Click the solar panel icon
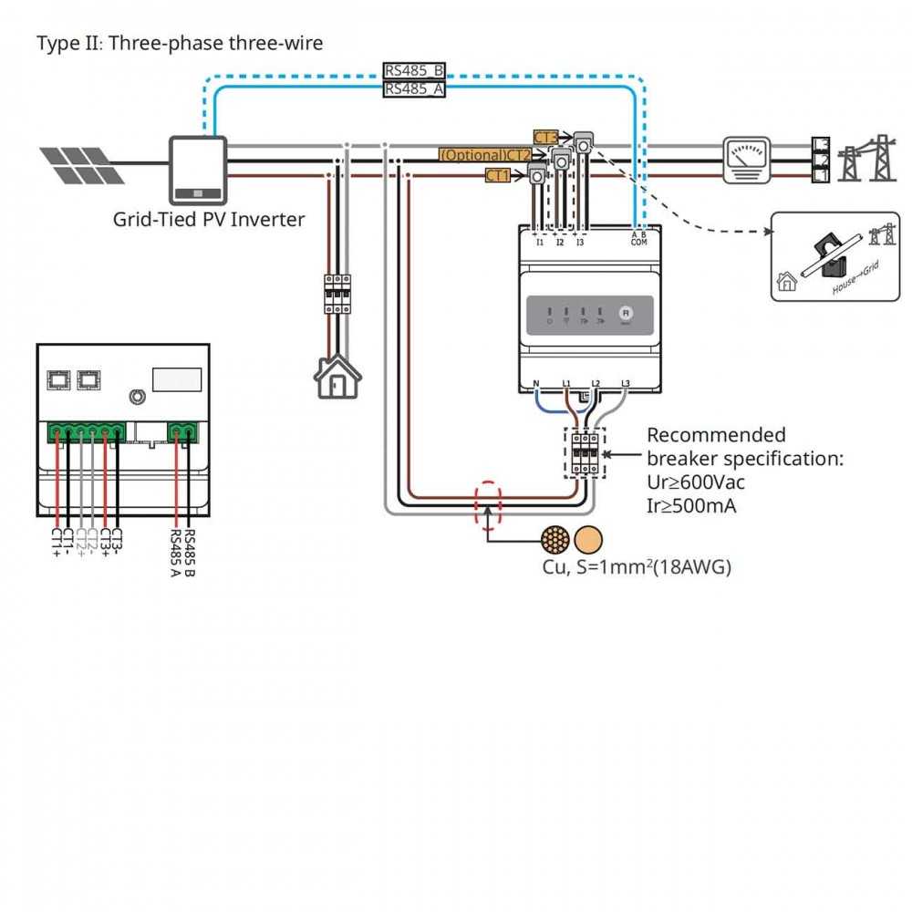point(82,164)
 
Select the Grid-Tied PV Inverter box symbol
point(197,170)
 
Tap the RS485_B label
point(413,71)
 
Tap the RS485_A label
point(413,88)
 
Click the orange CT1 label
point(497,175)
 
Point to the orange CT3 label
point(545,138)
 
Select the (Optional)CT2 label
point(484,155)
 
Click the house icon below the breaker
point(337,376)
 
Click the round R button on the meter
point(626,312)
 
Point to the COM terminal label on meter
point(639,243)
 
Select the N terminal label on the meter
point(536,384)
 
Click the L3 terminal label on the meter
point(625,384)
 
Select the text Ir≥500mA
point(691,504)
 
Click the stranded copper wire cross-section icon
point(554,540)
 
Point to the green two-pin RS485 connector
point(182,432)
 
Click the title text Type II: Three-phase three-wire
point(180,43)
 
